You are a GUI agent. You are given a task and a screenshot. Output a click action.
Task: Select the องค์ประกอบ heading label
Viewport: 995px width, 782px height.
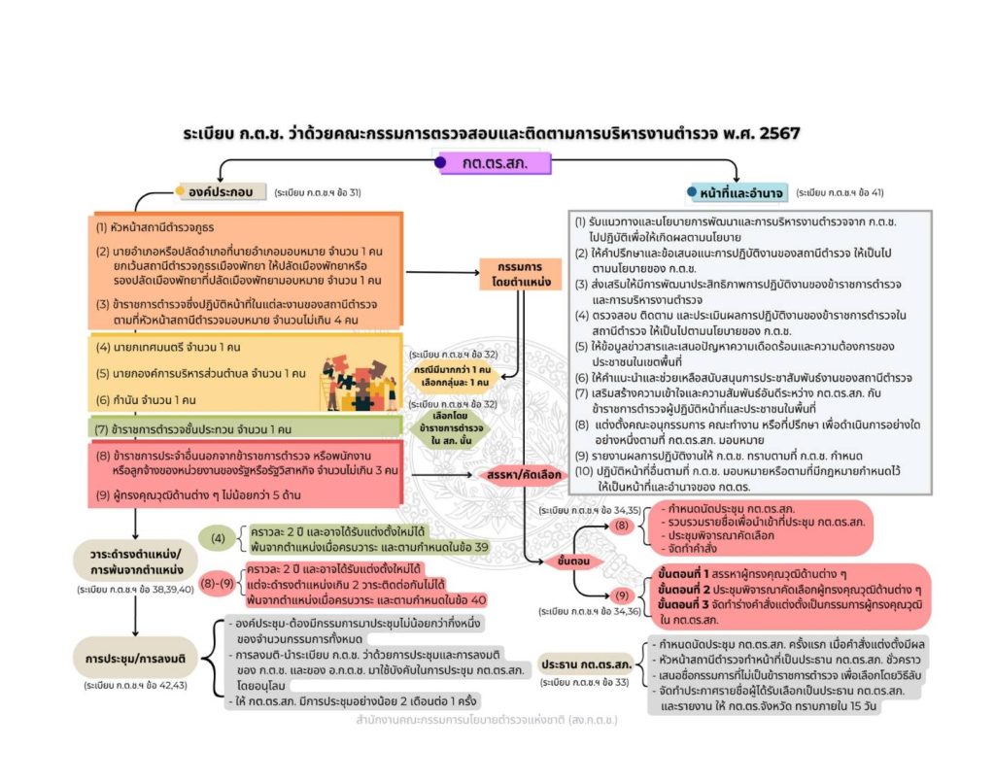(221, 192)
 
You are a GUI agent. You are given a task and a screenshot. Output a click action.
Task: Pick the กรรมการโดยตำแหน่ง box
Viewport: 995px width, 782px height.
(515, 274)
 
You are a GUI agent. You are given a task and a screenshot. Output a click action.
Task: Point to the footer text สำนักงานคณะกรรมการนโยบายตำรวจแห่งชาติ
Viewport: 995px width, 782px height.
(486, 722)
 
